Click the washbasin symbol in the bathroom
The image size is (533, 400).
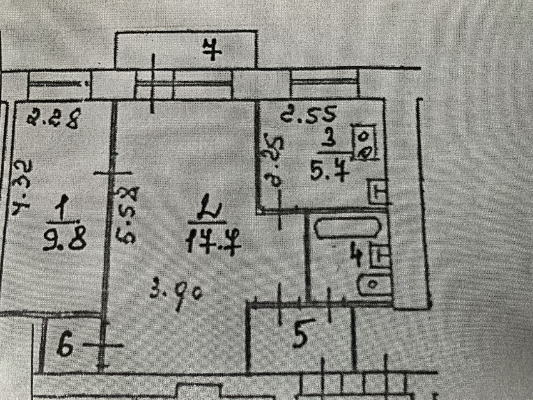(x=373, y=285)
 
